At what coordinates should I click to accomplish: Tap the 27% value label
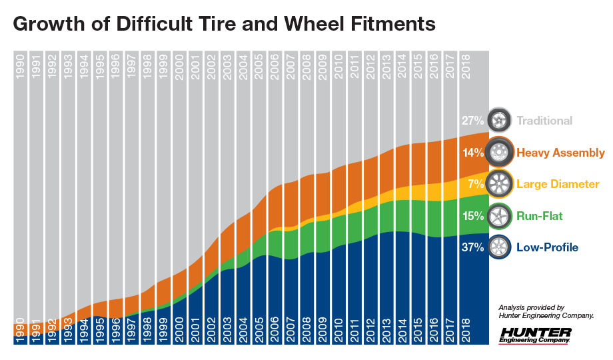click(472, 121)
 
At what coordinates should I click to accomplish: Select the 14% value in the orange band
click(472, 153)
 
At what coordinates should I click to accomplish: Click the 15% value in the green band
click(472, 215)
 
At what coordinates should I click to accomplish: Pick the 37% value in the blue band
click(472, 247)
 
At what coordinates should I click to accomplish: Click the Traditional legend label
click(544, 121)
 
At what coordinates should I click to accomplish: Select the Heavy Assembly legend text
click(560, 153)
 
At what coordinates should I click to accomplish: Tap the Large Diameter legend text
click(558, 184)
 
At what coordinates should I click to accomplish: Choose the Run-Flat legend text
click(540, 215)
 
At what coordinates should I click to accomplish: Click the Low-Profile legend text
click(547, 247)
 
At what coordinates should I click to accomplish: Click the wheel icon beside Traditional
click(499, 121)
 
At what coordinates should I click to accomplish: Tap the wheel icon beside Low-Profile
click(499, 247)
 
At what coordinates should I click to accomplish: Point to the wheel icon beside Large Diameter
click(499, 184)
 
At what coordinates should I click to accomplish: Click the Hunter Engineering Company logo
click(535, 335)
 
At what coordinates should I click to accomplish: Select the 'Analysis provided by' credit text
click(532, 307)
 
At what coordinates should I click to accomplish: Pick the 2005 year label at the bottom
click(260, 330)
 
